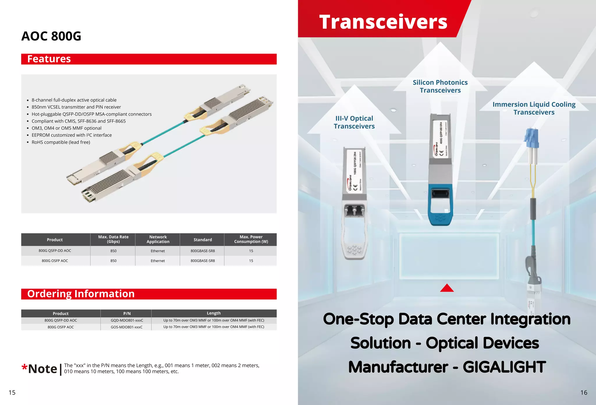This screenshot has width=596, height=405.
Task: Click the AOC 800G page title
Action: pyautogui.click(x=51, y=36)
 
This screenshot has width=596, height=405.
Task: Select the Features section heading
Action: pyautogui.click(x=49, y=59)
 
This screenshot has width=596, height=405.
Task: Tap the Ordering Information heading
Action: pyautogui.click(x=81, y=294)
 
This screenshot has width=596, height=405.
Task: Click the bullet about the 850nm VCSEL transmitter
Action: pyautogui.click(x=76, y=107)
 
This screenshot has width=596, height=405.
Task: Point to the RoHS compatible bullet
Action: pyautogui.click(x=61, y=142)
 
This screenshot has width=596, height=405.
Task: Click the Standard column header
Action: pyautogui.click(x=203, y=240)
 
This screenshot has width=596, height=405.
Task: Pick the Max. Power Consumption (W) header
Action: pyautogui.click(x=251, y=239)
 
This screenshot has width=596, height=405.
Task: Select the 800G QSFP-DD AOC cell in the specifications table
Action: pyautogui.click(x=55, y=251)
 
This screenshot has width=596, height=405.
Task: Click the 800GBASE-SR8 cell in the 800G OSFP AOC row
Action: pyautogui.click(x=203, y=261)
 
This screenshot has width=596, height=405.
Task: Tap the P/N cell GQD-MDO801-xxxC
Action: pyautogui.click(x=127, y=320)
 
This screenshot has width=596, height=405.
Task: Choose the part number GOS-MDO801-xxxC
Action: pyautogui.click(x=127, y=327)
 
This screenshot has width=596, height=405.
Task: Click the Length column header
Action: pyautogui.click(x=214, y=313)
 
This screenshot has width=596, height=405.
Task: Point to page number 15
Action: pyautogui.click(x=12, y=392)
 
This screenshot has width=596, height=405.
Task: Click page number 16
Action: pyautogui.click(x=583, y=392)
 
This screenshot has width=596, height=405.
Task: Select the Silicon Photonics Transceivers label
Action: pyautogui.click(x=440, y=86)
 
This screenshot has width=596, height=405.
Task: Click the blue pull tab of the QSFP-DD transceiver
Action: pyautogui.click(x=440, y=207)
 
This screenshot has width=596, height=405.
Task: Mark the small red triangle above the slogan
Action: pyautogui.click(x=447, y=288)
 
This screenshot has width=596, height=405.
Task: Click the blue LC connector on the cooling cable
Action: pyautogui.click(x=531, y=138)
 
